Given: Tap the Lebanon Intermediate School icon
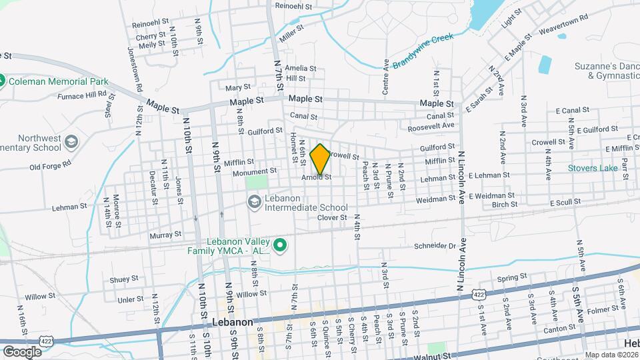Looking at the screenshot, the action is [x=253, y=201].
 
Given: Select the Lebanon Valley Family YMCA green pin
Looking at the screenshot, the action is [x=281, y=246].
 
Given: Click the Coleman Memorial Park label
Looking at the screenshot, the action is [x=59, y=81].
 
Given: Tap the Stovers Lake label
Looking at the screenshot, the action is [x=593, y=168].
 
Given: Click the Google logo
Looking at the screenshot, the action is [x=22, y=351].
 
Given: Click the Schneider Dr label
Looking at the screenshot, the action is [x=433, y=245].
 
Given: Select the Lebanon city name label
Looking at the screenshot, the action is [x=232, y=321].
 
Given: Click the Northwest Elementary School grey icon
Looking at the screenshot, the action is [x=71, y=142].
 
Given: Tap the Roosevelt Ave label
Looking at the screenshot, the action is [x=431, y=125].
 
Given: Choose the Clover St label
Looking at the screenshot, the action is [x=332, y=217].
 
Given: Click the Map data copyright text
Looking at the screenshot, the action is [x=612, y=355].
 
